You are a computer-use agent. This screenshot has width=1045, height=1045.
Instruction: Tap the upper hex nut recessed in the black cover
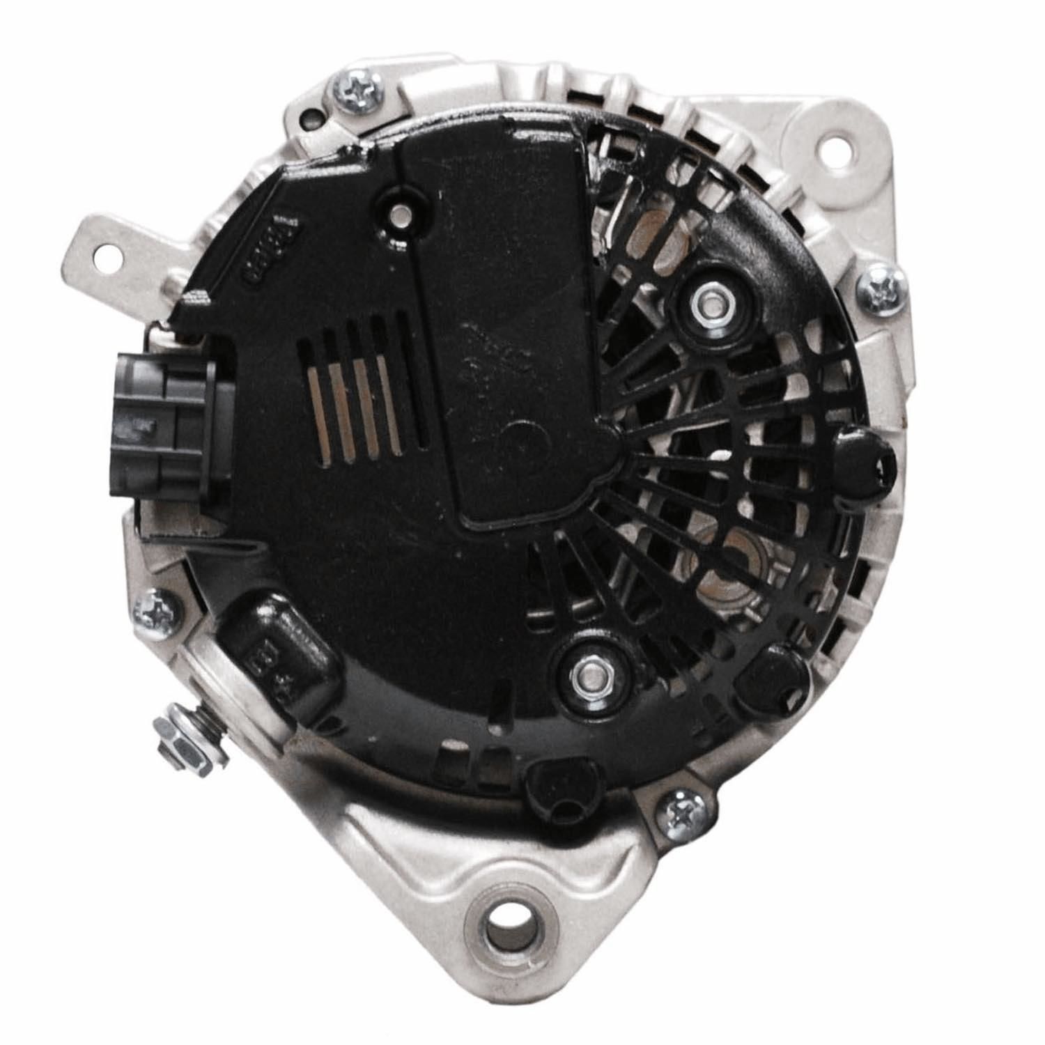click(x=707, y=302)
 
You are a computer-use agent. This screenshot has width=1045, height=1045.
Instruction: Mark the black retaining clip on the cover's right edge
click(x=865, y=463)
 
